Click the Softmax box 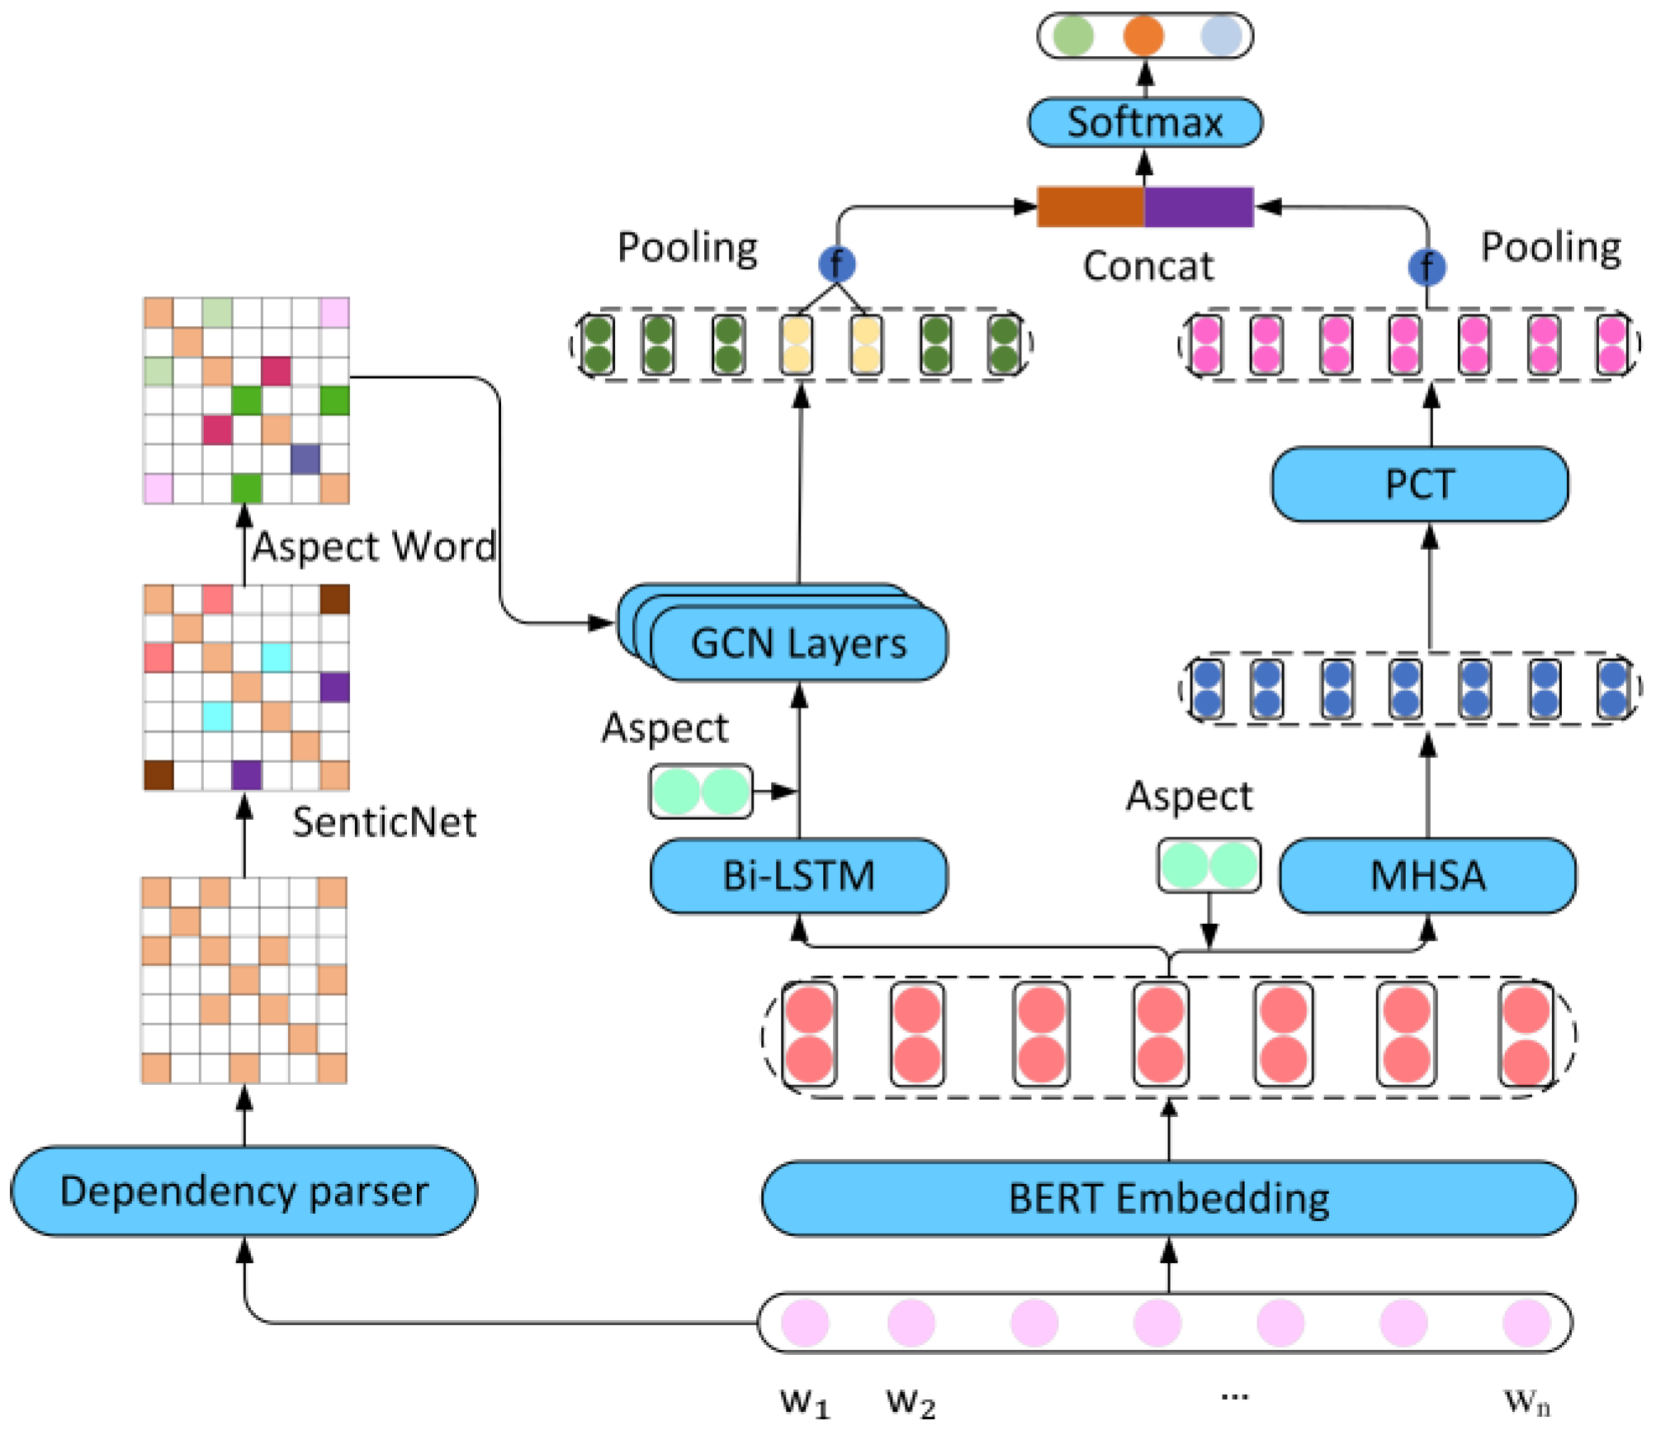(1144, 122)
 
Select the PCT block (1419, 484)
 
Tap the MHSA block (1427, 875)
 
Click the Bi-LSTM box (798, 875)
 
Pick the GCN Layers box (798, 643)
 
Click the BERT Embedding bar (1168, 1198)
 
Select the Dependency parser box (244, 1191)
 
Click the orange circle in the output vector (1143, 36)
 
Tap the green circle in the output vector (1073, 36)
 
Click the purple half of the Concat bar (1199, 206)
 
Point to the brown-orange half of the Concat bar (1090, 206)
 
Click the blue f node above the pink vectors (1427, 267)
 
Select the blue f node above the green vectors (836, 264)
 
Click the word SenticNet (384, 822)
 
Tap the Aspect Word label (374, 547)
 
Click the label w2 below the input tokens (911, 1401)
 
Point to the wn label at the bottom (1526, 1400)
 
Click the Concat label (1148, 266)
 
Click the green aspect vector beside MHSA (1209, 865)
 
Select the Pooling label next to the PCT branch (1550, 247)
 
